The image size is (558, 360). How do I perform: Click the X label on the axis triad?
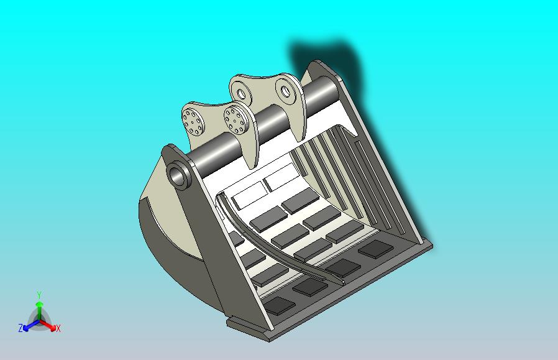coord(58,328)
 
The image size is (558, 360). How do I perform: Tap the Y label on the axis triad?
coord(39,295)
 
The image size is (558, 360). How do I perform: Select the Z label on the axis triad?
coord(21,328)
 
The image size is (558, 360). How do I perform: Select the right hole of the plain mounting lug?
coord(286,92)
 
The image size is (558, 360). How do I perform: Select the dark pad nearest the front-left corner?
coord(279,305)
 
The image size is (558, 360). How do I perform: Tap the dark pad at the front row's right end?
coord(375,249)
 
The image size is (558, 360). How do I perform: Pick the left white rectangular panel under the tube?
coord(249,195)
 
